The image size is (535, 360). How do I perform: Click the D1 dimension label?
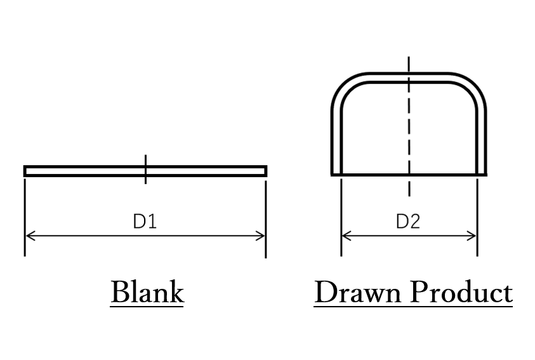(x=144, y=222)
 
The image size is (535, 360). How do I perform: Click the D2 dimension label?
(x=408, y=222)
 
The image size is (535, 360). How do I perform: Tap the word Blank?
(x=147, y=293)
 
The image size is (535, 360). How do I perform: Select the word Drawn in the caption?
(x=358, y=293)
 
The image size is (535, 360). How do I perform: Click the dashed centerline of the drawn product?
(x=409, y=127)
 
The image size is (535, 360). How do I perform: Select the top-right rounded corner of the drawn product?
(x=473, y=87)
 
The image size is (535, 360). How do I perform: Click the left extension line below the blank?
(x=25, y=216)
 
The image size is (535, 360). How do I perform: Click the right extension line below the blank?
(x=265, y=216)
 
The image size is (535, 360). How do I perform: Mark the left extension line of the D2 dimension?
(x=341, y=216)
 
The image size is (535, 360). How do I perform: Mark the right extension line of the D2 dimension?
(x=477, y=216)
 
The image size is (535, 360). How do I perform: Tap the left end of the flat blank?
(x=27, y=171)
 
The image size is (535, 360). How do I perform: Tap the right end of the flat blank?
(x=264, y=171)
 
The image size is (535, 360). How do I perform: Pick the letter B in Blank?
(x=119, y=293)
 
